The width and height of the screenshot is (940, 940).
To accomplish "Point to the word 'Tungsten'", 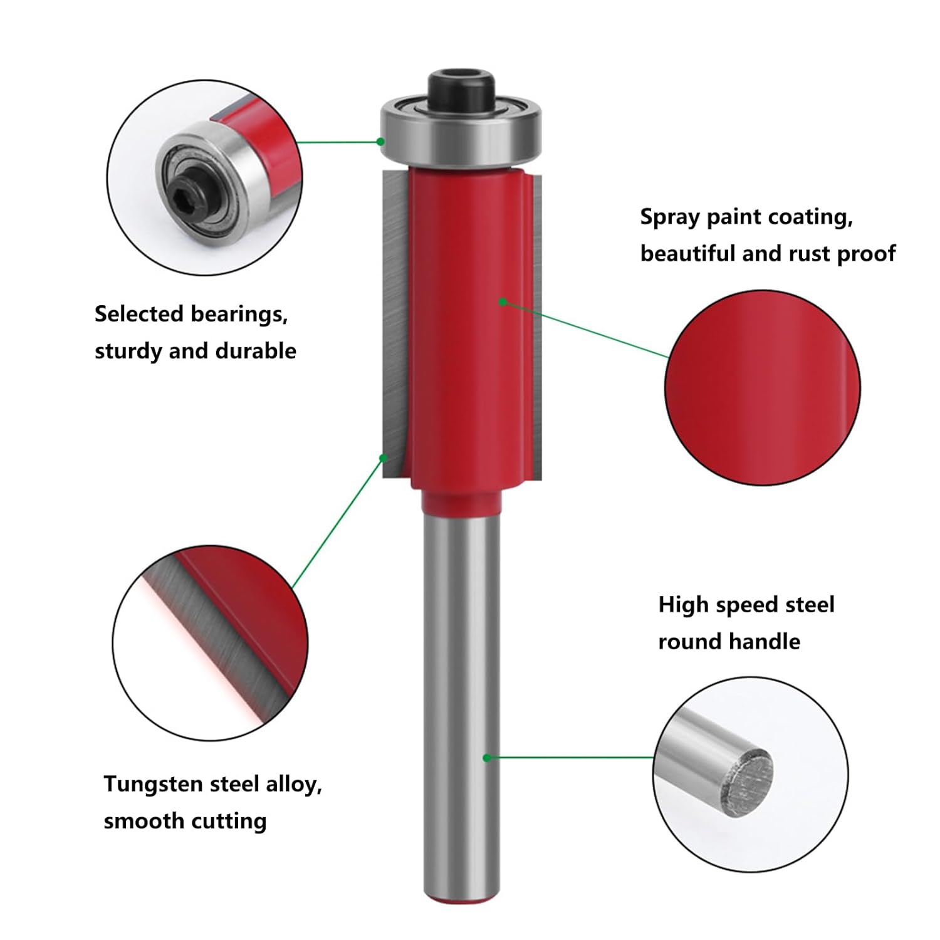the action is [x=153, y=785].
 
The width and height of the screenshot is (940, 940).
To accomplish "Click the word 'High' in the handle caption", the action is [x=683, y=605].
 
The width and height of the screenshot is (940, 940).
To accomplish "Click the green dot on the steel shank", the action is [x=486, y=758].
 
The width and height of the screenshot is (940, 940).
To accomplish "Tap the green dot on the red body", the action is [x=502, y=301].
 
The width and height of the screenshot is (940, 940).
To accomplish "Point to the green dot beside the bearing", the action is [x=380, y=142].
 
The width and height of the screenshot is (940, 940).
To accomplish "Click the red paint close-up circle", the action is [x=762, y=388].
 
